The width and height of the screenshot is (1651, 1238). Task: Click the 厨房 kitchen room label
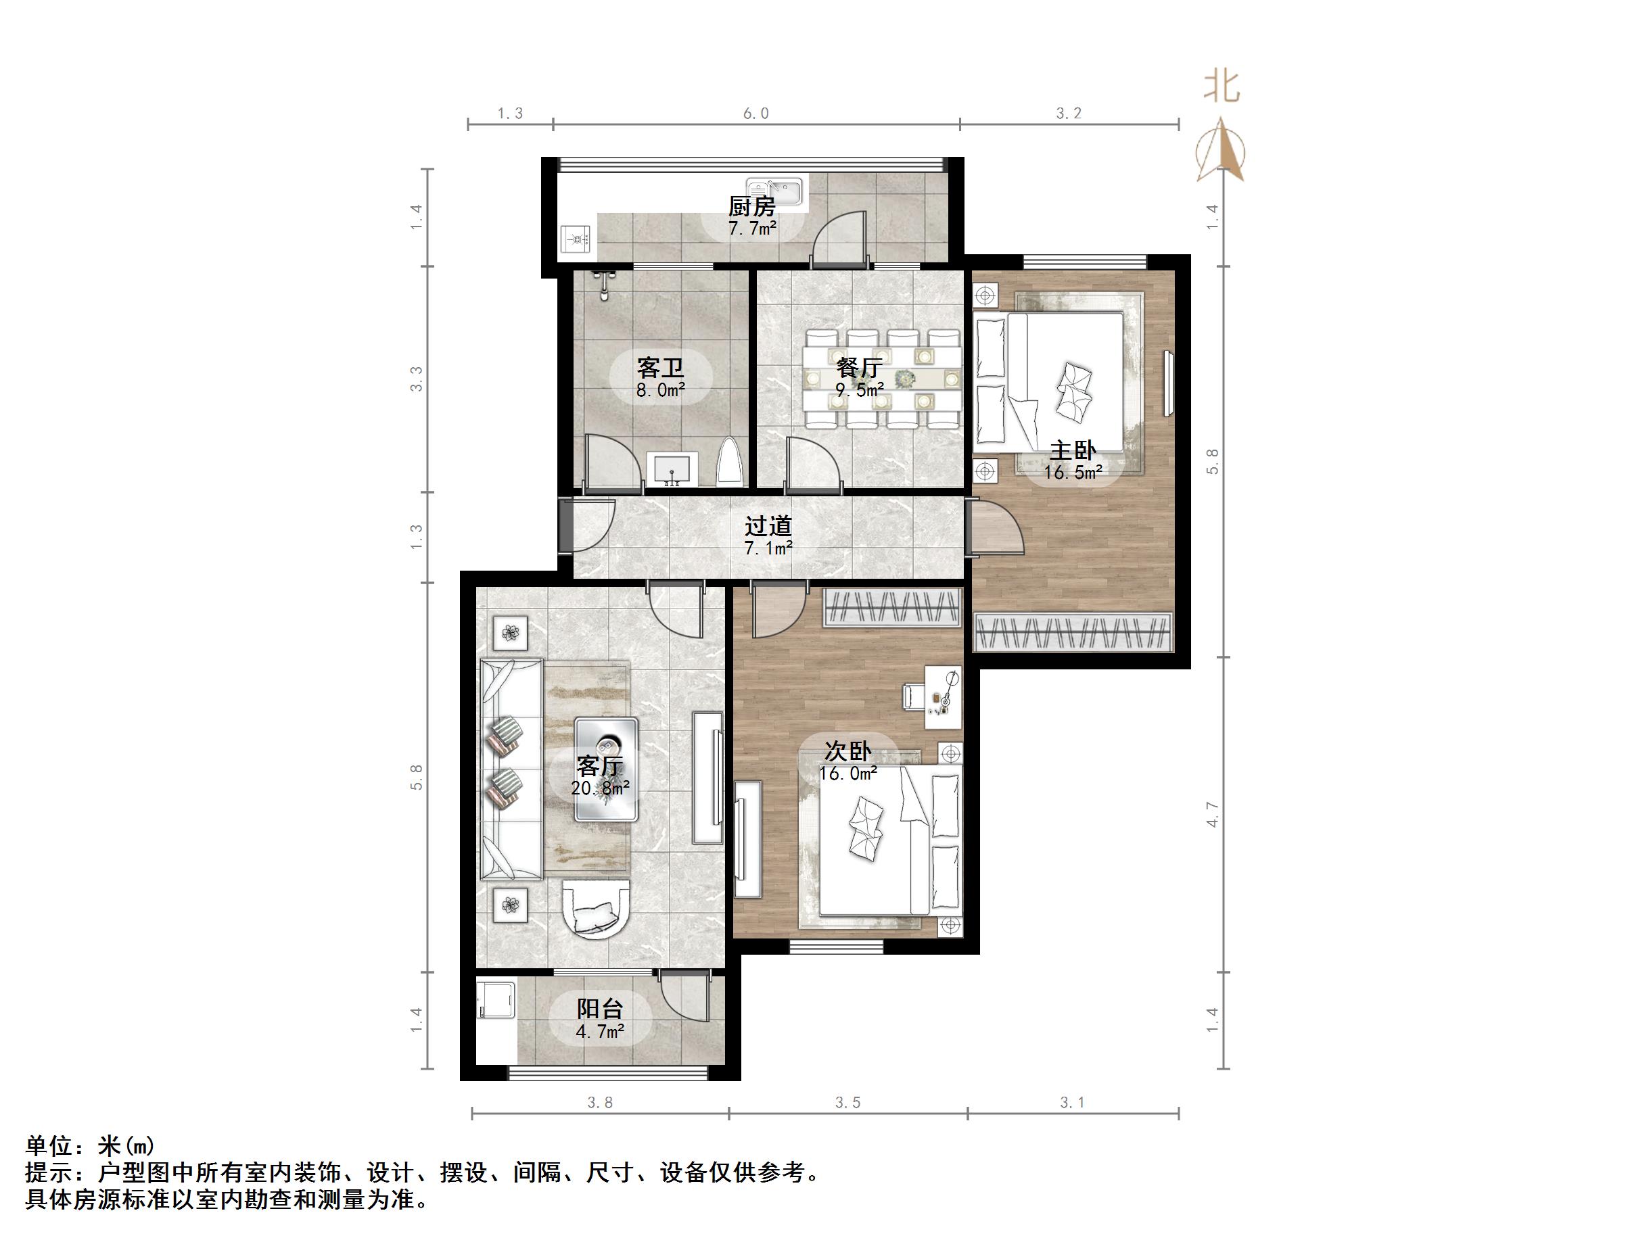click(751, 206)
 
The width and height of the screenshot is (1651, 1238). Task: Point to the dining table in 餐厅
click(881, 379)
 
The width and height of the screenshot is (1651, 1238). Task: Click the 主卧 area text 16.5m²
click(1073, 473)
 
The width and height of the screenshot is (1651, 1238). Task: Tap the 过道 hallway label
click(767, 526)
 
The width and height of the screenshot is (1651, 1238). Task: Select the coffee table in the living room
click(606, 769)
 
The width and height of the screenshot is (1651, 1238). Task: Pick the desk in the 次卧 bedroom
click(944, 697)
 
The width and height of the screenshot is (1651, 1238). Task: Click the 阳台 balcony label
click(599, 1009)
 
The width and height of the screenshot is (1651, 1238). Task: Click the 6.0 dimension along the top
click(755, 114)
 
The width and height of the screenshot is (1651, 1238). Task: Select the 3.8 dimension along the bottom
click(599, 1103)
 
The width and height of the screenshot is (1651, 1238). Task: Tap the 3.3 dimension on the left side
click(417, 379)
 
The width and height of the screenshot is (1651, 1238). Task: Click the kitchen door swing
click(839, 239)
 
